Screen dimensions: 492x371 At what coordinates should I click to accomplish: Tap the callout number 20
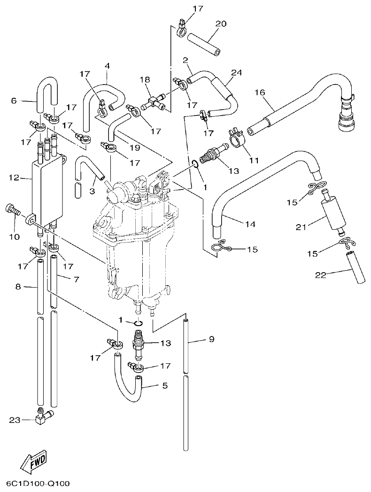pyautogui.click(x=221, y=23)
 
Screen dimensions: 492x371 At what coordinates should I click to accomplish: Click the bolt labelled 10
pyautogui.click(x=12, y=210)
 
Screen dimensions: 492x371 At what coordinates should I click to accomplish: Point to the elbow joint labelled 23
pyautogui.click(x=44, y=416)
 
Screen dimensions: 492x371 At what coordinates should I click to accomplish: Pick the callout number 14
pyautogui.click(x=250, y=225)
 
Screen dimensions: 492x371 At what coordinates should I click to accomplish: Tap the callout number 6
pyautogui.click(x=14, y=101)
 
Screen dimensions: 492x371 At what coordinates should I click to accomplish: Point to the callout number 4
pyautogui.click(x=107, y=66)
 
